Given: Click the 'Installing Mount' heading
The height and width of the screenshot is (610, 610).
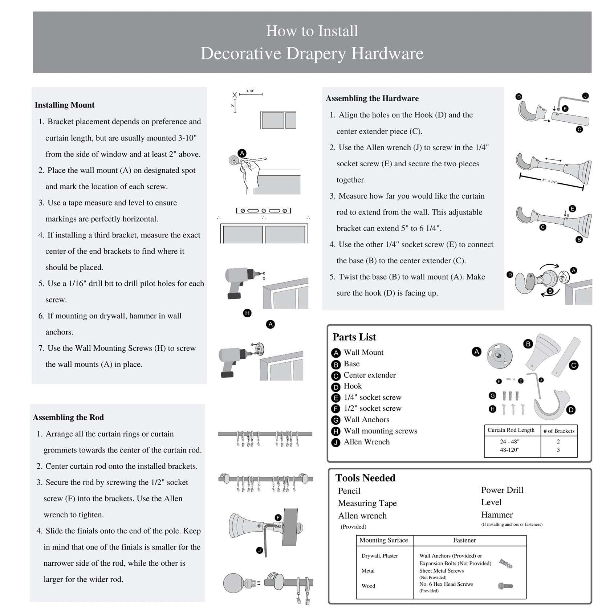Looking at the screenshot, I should (64, 105).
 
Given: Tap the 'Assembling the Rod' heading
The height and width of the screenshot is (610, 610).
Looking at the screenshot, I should (68, 417).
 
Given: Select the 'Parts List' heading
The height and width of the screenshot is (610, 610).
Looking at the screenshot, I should (354, 337).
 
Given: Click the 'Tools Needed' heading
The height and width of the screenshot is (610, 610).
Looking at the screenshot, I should (365, 478).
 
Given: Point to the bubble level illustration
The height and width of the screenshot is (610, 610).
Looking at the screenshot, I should (264, 211).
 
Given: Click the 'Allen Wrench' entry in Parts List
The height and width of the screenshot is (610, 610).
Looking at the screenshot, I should (366, 442).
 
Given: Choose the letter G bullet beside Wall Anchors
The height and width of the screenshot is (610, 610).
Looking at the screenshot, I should (336, 420).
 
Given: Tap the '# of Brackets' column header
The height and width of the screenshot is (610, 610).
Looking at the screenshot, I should (559, 431).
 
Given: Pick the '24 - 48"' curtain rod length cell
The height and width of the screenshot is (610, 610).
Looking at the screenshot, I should (509, 442).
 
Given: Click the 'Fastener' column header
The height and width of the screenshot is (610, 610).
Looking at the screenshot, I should (464, 540).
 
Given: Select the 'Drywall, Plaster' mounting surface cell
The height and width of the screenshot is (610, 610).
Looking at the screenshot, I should (379, 556).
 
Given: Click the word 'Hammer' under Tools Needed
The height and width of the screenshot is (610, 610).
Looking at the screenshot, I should (497, 515).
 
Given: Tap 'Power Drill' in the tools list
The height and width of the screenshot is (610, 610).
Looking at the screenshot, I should (502, 490).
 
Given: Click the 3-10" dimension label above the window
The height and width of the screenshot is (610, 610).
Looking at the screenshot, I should (250, 91).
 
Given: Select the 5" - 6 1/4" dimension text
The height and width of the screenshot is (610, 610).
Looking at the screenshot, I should (549, 181).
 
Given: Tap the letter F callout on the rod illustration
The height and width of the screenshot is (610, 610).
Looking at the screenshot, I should (278, 518).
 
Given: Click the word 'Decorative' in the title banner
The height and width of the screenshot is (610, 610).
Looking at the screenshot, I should (241, 53).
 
